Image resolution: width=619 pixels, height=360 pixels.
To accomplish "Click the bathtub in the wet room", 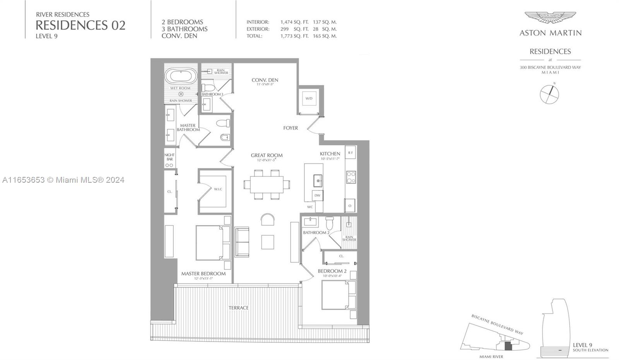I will coord(181,76).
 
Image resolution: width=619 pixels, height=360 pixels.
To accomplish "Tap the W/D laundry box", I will coord(309,98).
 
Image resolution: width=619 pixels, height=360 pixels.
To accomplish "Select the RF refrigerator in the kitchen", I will coord(350,153).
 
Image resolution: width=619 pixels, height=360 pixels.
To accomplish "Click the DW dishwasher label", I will coord(317,195).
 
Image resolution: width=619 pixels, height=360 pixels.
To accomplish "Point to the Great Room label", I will coord(267,155).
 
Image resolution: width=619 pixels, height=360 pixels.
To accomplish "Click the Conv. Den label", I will coord(265,80).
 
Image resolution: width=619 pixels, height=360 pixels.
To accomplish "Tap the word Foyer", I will coord(291,128).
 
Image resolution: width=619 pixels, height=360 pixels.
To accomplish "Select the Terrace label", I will coord(238,308).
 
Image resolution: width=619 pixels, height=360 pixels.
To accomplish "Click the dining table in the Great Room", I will coord(267,184).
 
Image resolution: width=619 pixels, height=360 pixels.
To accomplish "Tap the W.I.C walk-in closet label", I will coord(218,189).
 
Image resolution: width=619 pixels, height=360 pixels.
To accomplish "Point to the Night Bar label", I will coord(169,157).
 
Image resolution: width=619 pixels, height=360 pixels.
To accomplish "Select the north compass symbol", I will coord(549,94).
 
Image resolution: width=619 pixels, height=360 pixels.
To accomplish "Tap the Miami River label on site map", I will coord(491,357).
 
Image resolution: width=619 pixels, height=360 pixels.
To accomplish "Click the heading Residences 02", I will coord(80,25).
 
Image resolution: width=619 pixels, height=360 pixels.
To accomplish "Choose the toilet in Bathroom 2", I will coord(330,223).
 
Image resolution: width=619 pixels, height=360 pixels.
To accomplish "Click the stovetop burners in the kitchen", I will coord(351,177).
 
